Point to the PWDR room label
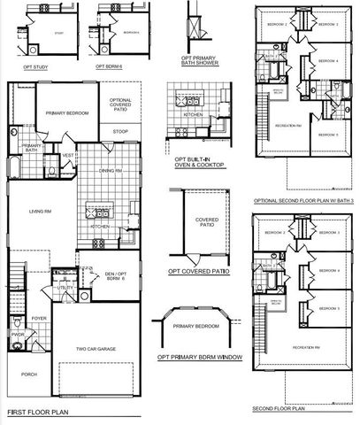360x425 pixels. coord(18,336)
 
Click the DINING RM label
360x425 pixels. coord(109,170)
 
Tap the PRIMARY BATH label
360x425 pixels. coord(33,149)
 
